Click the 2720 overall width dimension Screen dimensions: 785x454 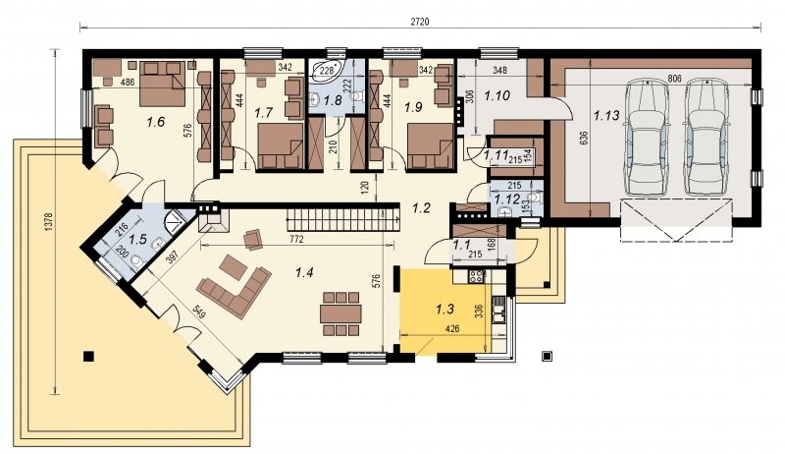pyautogui.click(x=420, y=22)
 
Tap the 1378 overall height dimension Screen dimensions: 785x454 pyautogui.click(x=48, y=222)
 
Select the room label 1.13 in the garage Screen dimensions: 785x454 pyautogui.click(x=606, y=116)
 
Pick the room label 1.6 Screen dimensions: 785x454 pyautogui.click(x=156, y=121)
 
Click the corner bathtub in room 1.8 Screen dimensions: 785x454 pyautogui.click(x=327, y=71)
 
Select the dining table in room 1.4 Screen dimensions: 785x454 pyautogui.click(x=340, y=313)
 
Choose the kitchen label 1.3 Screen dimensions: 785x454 pyautogui.click(x=445, y=310)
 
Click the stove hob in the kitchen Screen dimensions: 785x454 pyautogui.click(x=477, y=275)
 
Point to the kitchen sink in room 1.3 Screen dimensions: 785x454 pyautogui.click(x=498, y=311)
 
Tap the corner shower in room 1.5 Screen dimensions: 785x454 pyautogui.click(x=175, y=218)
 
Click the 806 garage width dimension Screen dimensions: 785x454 pyautogui.click(x=674, y=79)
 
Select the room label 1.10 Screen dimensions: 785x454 pyautogui.click(x=497, y=95)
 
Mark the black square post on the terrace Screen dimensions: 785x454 pyautogui.click(x=88, y=357)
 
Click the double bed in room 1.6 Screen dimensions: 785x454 pyautogui.click(x=162, y=84)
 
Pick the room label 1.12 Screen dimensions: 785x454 pyautogui.click(x=506, y=199)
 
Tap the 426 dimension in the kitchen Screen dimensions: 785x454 pyautogui.click(x=452, y=329)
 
